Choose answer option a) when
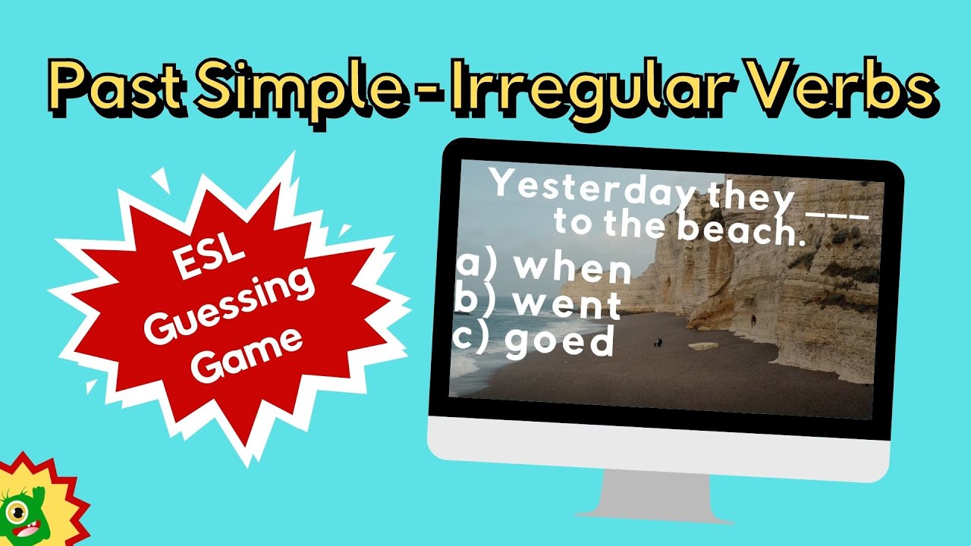click(544, 268)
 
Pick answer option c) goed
click(534, 341)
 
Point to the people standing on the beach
click(657, 343)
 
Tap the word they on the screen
click(750, 200)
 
